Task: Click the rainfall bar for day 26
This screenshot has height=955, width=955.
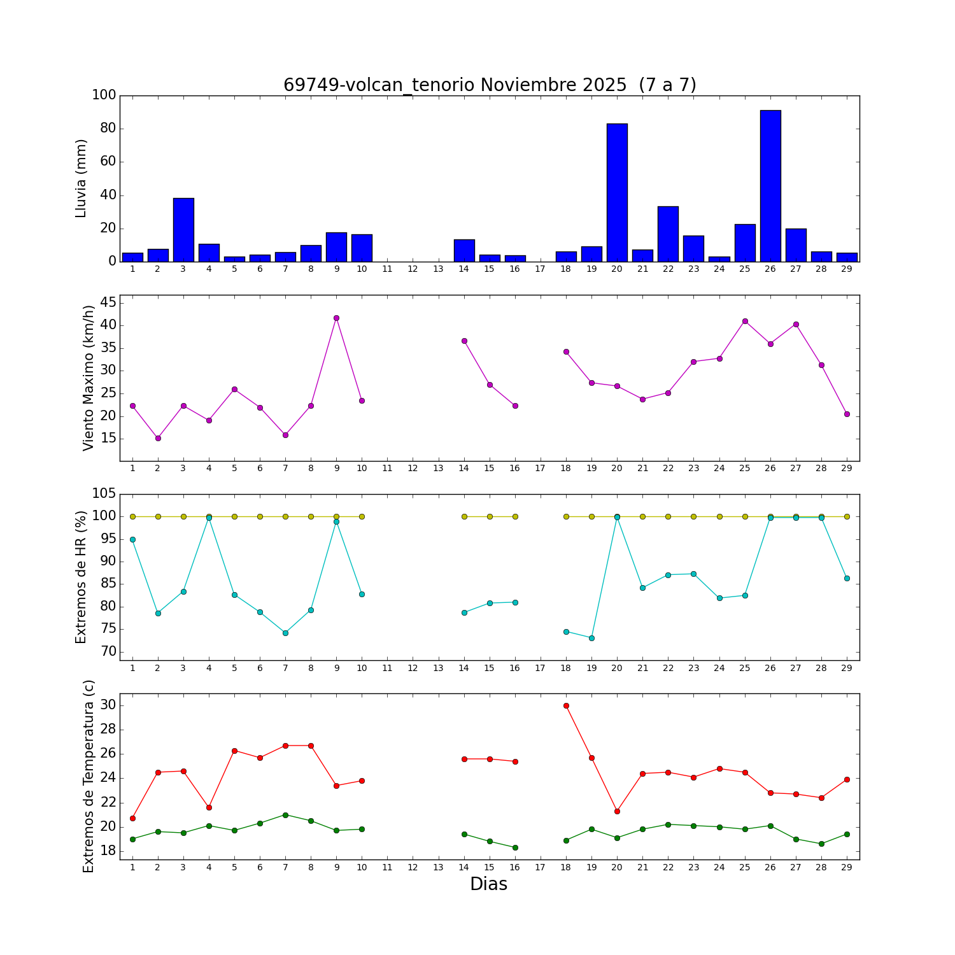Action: [x=770, y=186]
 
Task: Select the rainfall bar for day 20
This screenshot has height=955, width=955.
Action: [x=617, y=192]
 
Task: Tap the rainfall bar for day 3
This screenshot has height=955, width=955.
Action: [x=183, y=230]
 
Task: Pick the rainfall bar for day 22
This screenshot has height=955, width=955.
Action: [x=668, y=234]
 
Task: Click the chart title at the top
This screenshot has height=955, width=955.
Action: [x=490, y=85]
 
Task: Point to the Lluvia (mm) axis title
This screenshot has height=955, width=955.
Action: [x=81, y=178]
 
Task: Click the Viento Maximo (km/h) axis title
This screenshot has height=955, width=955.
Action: [x=88, y=378]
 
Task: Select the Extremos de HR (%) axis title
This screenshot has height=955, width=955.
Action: [x=81, y=577]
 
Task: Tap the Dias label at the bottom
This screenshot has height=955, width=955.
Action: [x=488, y=884]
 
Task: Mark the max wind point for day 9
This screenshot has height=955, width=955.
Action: [x=336, y=318]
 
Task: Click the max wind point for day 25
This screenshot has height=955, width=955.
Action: [x=745, y=321]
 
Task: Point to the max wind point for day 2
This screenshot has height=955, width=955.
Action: [x=158, y=438]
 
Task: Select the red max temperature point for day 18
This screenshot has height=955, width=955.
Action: [x=566, y=705]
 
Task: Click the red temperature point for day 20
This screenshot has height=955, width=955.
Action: [x=617, y=811]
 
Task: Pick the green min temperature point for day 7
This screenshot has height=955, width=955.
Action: [x=285, y=815]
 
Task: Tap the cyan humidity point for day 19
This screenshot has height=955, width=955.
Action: [x=591, y=638]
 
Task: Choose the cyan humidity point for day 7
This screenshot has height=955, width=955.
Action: [x=285, y=633]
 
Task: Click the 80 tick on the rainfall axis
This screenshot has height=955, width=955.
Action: [x=108, y=129]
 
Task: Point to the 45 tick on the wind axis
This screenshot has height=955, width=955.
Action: [x=108, y=302]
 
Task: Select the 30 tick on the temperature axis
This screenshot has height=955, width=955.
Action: [x=108, y=705]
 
